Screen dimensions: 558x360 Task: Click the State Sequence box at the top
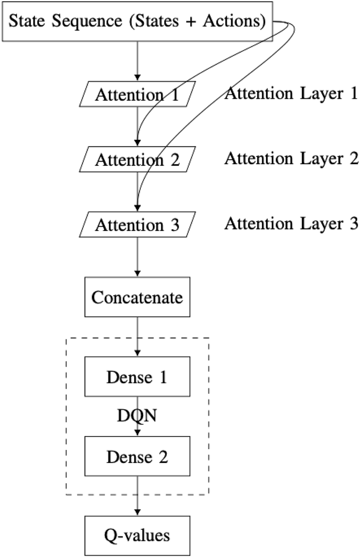click(x=137, y=21)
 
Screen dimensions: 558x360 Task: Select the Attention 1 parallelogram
click(x=137, y=94)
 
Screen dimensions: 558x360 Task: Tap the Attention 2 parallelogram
click(x=137, y=159)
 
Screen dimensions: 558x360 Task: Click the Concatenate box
click(x=137, y=298)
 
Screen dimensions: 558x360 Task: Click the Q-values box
click(x=137, y=535)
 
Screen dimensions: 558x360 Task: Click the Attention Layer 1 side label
click(x=291, y=93)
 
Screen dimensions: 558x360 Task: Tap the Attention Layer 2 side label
click(x=291, y=158)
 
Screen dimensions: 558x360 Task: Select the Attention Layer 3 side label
click(x=291, y=223)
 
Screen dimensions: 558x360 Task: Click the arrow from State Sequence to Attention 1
click(x=137, y=60)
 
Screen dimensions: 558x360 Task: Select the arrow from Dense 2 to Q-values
click(x=137, y=496)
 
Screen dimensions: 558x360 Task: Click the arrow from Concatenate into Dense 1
click(x=137, y=336)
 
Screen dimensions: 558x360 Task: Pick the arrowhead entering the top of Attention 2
click(x=137, y=143)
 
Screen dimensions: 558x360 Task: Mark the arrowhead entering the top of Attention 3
click(x=137, y=208)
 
